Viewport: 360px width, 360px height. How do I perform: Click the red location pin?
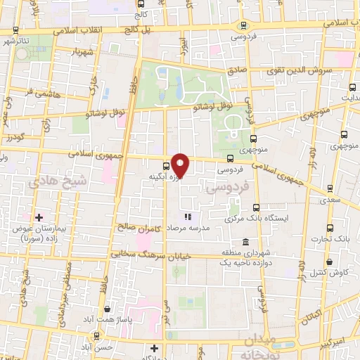pos(181,165)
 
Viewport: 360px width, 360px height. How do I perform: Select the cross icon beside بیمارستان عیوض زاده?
pos(39,217)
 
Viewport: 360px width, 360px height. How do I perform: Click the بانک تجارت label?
pos(332,240)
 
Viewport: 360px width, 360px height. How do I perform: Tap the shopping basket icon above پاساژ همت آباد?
pos(106,309)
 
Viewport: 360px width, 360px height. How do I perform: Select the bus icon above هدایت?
pos(352,89)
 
